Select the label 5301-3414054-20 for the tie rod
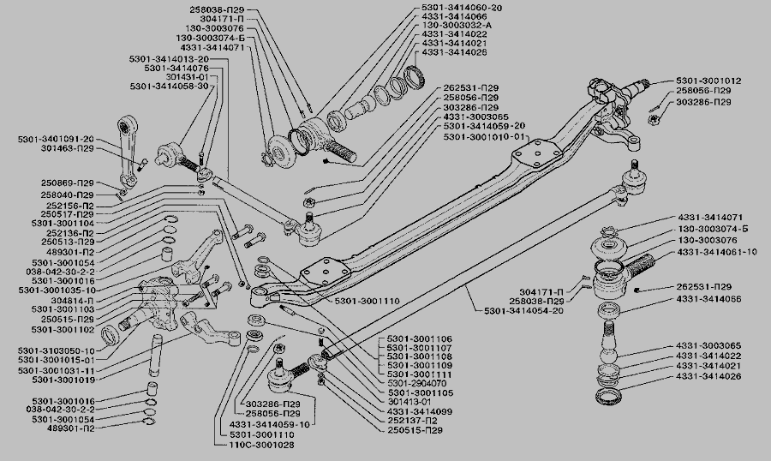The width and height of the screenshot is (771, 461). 524,309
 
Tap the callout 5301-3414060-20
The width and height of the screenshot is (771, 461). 463,7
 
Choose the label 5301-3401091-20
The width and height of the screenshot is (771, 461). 55,138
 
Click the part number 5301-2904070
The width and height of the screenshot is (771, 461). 421,383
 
